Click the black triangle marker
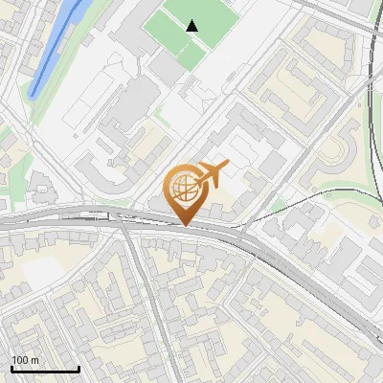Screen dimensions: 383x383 pos(192,26)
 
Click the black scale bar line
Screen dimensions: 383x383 pos(45,370)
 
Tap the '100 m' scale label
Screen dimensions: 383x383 pos(26,360)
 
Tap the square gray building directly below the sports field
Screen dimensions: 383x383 pos(168,69)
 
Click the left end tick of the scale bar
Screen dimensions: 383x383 pos(12,368)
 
